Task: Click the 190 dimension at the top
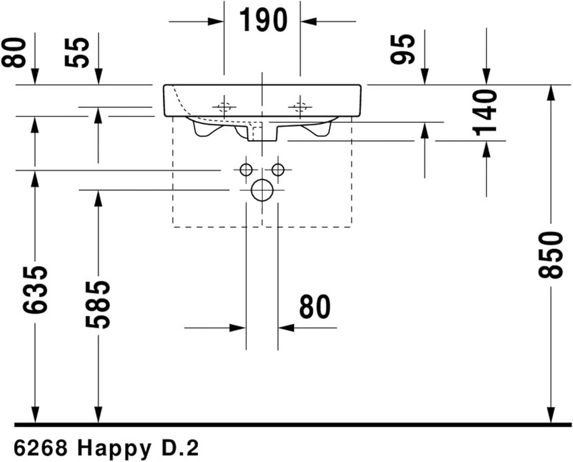(x=262, y=21)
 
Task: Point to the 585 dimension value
(x=98, y=304)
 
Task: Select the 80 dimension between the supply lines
(x=314, y=307)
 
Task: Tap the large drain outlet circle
(x=261, y=190)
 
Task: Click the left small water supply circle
(x=245, y=170)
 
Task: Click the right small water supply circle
(x=278, y=170)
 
